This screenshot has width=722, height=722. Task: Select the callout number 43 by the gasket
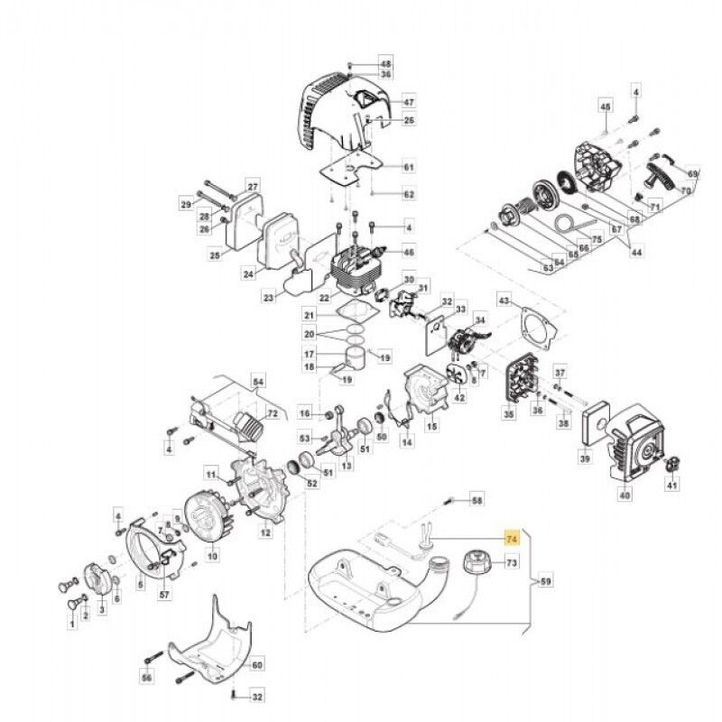pos(504,301)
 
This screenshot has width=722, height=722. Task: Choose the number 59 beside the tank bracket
pos(544,583)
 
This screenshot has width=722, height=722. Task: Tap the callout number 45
pos(606,108)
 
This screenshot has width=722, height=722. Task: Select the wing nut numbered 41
pos(671,465)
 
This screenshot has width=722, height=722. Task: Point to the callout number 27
pos(253,187)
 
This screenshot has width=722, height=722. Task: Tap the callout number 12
pos(265,533)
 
